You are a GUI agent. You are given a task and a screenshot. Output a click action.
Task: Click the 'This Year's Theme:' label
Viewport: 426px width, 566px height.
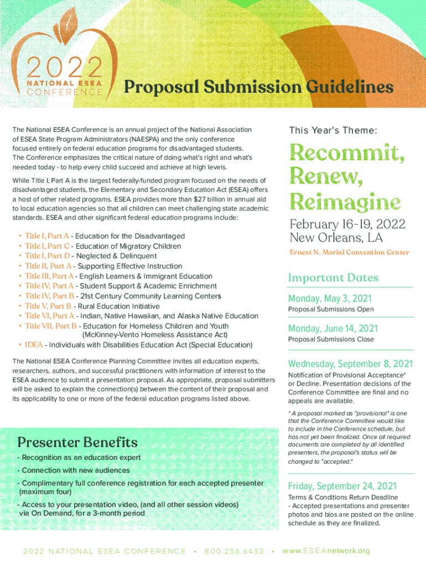tap(333, 130)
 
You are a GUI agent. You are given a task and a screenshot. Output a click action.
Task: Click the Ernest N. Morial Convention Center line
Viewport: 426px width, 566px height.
tap(349, 253)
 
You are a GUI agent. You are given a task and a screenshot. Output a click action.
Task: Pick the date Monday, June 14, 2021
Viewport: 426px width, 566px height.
tap(333, 328)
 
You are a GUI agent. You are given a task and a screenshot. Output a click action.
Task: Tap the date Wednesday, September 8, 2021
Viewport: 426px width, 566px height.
tap(350, 364)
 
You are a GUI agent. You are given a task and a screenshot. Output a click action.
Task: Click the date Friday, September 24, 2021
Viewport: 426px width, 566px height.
tap(342, 486)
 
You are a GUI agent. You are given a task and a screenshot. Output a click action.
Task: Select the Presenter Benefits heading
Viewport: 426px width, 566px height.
tap(77, 442)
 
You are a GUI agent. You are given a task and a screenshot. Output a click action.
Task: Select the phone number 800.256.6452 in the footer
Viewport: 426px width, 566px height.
tap(234, 551)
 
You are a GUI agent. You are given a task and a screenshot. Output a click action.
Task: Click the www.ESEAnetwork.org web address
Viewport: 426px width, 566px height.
tap(325, 551)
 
